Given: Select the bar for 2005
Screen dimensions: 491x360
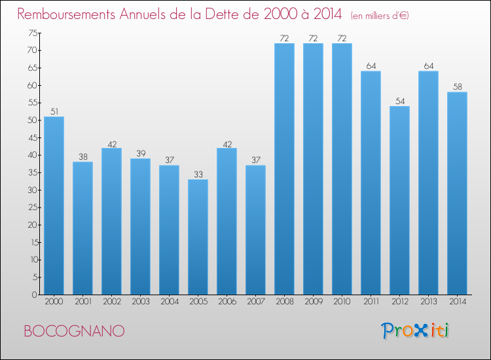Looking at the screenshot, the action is coord(198,237).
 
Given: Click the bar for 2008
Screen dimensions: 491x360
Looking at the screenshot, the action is coord(284,169).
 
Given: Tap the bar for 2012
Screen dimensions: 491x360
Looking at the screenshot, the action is coord(399,200).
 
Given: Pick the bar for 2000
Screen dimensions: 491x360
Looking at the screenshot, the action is coord(54,206).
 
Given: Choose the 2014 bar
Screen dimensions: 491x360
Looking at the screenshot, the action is coord(457,193).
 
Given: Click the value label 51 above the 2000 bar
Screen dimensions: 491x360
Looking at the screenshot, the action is coord(54,111).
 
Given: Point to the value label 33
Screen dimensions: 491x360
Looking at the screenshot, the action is coord(198,174).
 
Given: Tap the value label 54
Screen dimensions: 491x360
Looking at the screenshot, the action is coord(400,101).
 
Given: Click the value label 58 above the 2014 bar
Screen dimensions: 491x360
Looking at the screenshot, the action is coord(458,86).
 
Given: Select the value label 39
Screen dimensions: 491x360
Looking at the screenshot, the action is coord(141,153).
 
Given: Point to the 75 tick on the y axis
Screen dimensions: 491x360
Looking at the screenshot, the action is coord(33,33).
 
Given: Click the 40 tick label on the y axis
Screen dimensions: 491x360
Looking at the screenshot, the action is coord(33,155).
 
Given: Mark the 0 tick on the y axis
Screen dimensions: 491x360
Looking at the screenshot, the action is coord(35,295).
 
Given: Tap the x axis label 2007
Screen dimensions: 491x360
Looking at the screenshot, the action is coord(256,302).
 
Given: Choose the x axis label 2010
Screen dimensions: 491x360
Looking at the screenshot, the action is coord(342,302).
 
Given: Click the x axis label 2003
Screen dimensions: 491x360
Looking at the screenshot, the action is coord(141,302).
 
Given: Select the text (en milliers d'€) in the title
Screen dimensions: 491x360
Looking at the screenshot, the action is coord(380,16).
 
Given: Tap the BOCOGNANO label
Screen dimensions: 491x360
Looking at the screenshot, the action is coord(74,331).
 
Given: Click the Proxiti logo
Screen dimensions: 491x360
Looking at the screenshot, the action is coord(415,331).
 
